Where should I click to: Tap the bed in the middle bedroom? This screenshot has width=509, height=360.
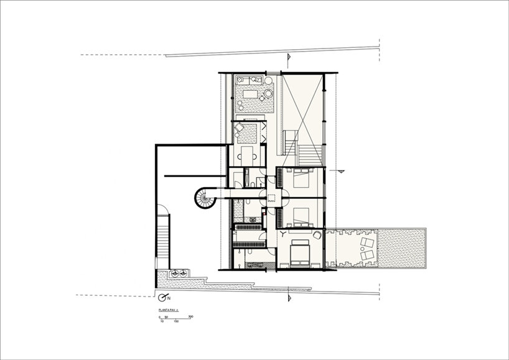(x=302, y=216)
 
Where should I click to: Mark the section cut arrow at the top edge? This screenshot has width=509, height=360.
(x=288, y=58)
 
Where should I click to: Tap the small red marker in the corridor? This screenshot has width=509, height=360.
(x=264, y=212)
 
